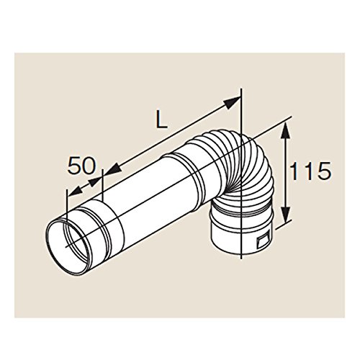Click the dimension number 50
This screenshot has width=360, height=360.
pyautogui.click(x=81, y=166)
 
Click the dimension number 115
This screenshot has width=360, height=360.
pyautogui.click(x=310, y=171)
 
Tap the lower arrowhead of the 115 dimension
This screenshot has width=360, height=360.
pyautogui.click(x=286, y=214)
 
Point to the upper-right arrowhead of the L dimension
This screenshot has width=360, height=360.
pyautogui.click(x=232, y=102)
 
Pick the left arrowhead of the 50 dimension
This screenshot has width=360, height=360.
pyautogui.click(x=75, y=190)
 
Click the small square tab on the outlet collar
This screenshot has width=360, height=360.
pyautogui.click(x=263, y=240)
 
